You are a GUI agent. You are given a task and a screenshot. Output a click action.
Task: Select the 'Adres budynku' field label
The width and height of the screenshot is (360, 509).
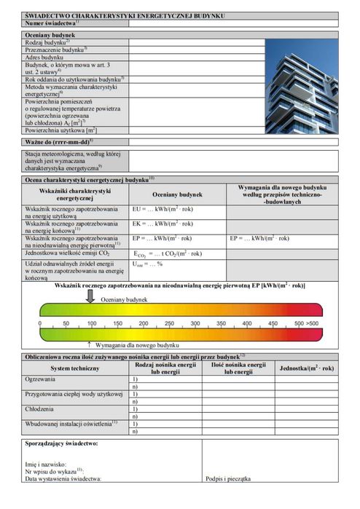[44, 57]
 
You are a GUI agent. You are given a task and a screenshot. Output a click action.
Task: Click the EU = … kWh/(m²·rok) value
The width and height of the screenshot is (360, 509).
[163, 209]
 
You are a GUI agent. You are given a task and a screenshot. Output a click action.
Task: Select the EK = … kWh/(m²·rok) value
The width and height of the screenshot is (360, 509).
[163, 224]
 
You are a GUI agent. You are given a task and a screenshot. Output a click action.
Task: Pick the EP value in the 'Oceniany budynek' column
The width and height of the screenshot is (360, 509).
[163, 238]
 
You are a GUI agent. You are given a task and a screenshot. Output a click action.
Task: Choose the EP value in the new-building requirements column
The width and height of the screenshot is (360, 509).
[260, 238]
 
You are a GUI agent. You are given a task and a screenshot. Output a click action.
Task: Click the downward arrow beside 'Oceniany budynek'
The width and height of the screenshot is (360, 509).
[90, 296]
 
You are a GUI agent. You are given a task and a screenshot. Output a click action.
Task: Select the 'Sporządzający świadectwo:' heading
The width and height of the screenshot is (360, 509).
[62, 443]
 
